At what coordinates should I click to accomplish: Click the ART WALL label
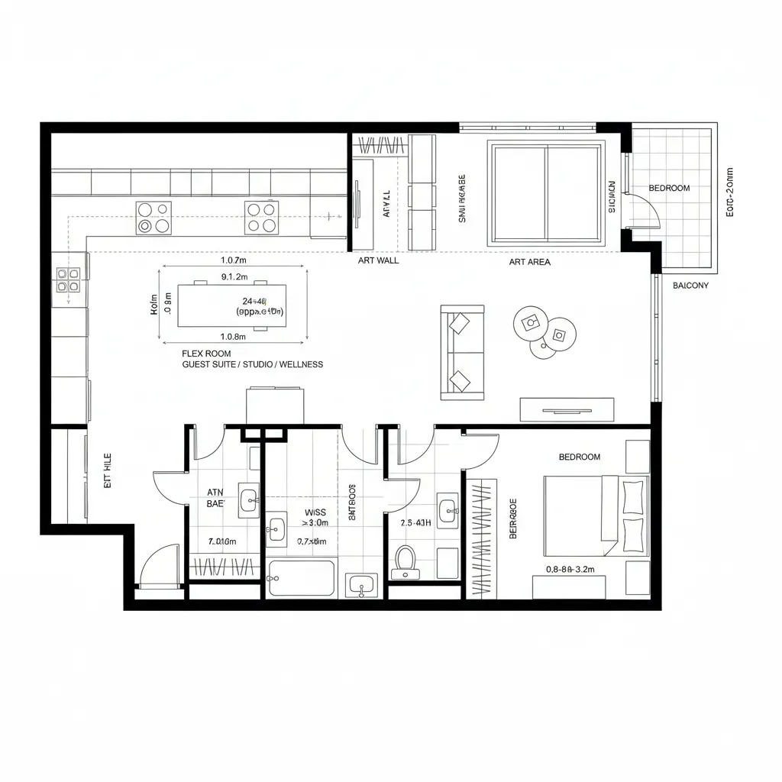pyautogui.click(x=378, y=260)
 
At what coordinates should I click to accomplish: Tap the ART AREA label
pyautogui.click(x=529, y=262)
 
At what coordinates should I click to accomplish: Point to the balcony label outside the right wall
pyautogui.click(x=690, y=286)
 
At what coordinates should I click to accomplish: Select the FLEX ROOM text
pyautogui.click(x=206, y=354)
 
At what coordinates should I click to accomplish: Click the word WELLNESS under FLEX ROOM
pyautogui.click(x=301, y=365)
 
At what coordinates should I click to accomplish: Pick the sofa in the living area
pyautogui.click(x=462, y=352)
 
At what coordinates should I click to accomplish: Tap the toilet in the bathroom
pyautogui.click(x=404, y=561)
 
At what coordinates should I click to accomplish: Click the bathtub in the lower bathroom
pyautogui.click(x=302, y=578)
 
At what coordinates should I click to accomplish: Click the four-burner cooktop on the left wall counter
pyautogui.click(x=68, y=280)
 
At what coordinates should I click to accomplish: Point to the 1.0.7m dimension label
pyautogui.click(x=233, y=260)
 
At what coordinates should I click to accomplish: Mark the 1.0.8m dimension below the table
pyautogui.click(x=232, y=337)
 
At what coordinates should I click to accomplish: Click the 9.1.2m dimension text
pyautogui.click(x=234, y=276)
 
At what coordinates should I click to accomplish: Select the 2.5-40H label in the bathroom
pyautogui.click(x=415, y=523)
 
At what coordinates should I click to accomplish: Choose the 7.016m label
pyautogui.click(x=222, y=541)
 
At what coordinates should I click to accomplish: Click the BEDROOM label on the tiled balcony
pyautogui.click(x=669, y=188)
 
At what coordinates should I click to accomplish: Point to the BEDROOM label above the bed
pyautogui.click(x=580, y=457)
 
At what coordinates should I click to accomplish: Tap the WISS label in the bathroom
pyautogui.click(x=315, y=512)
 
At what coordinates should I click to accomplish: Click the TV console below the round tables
pyautogui.click(x=567, y=409)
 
